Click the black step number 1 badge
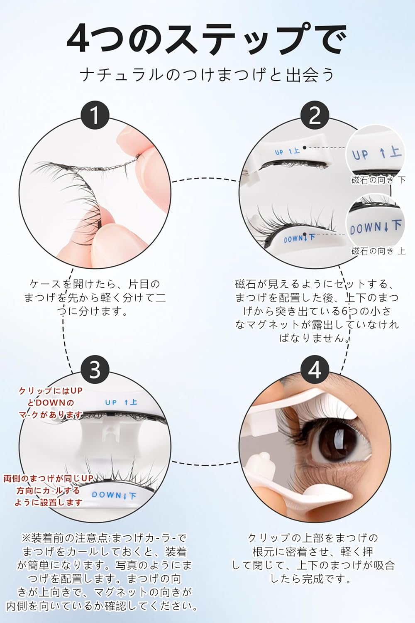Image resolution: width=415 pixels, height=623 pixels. (95, 115)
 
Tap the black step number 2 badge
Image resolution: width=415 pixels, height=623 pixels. (315, 115)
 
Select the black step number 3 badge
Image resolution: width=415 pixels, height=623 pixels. (95, 370)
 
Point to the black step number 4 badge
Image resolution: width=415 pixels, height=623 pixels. (315, 370)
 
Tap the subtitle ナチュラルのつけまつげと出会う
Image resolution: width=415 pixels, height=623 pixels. (207, 75)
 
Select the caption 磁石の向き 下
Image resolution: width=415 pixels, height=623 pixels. (378, 180)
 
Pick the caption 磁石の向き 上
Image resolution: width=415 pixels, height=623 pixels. (378, 251)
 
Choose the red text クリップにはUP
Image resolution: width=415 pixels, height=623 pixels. (51, 391)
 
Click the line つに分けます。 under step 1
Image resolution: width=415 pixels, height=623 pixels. (92, 311)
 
